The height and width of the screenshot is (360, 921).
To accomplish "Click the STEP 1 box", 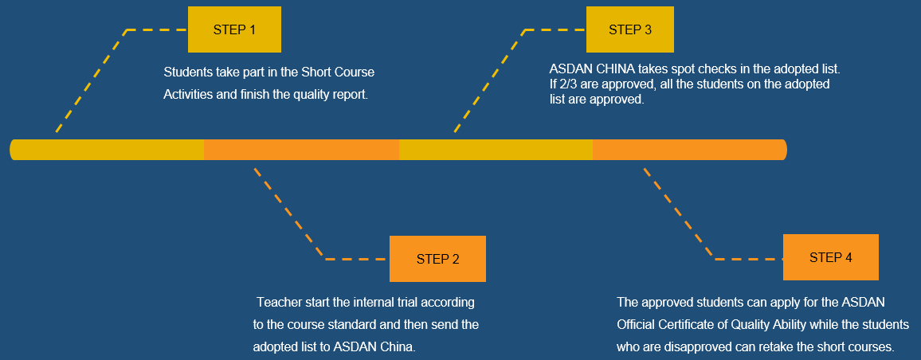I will [x=234, y=29].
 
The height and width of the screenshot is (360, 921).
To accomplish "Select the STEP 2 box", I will [x=437, y=259].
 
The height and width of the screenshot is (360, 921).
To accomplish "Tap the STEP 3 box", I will [x=629, y=29].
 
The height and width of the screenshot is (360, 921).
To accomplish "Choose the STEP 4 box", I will [x=830, y=257].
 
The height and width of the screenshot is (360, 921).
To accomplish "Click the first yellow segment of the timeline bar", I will [x=108, y=150].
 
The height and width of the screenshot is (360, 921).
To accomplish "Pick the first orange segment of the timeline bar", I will [x=301, y=150].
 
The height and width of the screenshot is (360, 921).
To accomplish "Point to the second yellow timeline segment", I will [x=496, y=150].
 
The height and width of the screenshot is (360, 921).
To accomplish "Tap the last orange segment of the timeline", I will [x=689, y=150].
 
